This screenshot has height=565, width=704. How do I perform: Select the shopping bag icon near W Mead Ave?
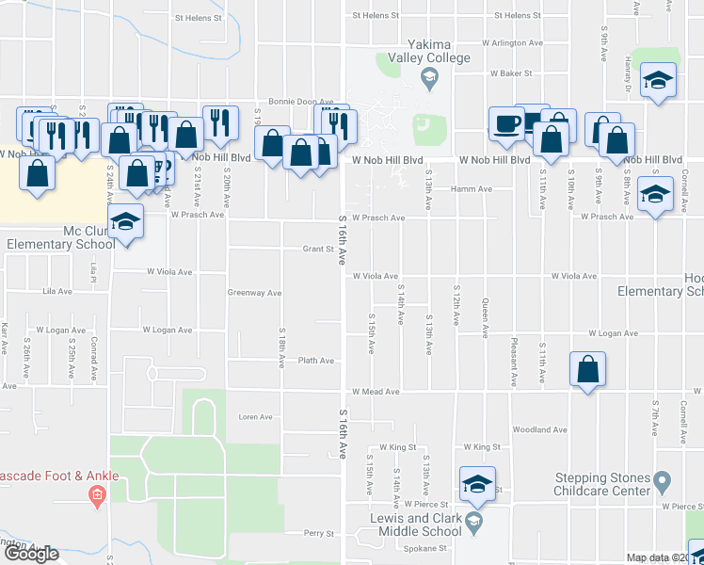point(587,370)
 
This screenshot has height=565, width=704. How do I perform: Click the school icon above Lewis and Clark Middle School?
point(477,485)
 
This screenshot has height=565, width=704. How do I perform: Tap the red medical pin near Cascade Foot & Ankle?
point(96,494)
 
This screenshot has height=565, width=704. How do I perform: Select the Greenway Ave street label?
point(254,293)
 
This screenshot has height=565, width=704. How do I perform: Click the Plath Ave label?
point(316,361)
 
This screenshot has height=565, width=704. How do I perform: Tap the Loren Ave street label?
point(255,417)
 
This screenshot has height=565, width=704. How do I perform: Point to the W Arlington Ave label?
point(513,42)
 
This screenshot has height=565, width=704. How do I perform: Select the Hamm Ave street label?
point(472,189)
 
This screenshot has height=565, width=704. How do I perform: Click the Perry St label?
point(319,534)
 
